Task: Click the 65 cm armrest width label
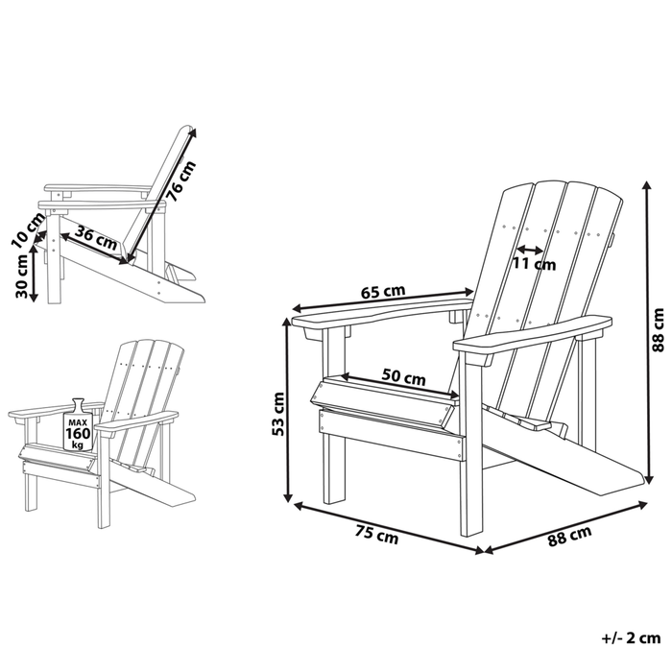(x=382, y=291)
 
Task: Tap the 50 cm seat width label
(x=402, y=378)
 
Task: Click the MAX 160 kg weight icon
(x=78, y=423)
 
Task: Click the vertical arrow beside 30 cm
(x=36, y=275)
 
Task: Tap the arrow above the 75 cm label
(x=389, y=526)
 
